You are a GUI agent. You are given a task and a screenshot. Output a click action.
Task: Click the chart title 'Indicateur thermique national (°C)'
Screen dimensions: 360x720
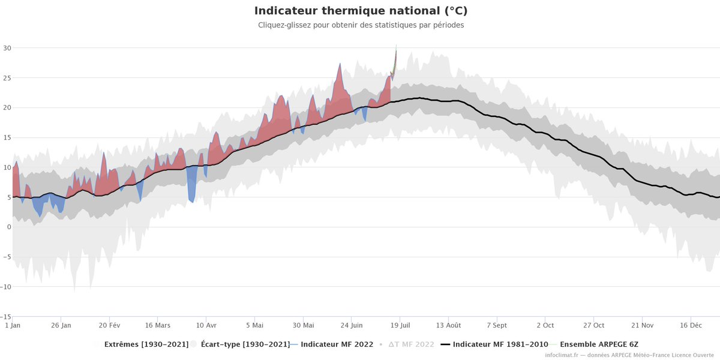click(361, 11)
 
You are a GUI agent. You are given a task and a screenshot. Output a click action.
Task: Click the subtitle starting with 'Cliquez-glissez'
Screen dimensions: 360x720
click(361, 25)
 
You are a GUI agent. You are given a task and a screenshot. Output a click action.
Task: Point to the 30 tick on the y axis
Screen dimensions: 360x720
click(7, 48)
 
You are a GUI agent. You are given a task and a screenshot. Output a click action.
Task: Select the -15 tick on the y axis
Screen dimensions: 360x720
click(5, 316)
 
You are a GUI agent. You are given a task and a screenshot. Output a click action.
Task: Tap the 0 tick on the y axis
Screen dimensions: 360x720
click(8, 227)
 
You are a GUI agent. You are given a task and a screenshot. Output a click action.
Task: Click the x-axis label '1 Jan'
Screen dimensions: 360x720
click(13, 325)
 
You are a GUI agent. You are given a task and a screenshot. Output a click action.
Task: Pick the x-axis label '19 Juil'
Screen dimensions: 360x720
click(400, 325)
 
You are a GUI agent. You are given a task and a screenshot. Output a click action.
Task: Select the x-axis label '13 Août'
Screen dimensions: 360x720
click(449, 325)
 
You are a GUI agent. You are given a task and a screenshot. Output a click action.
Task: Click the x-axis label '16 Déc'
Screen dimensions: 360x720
click(691, 325)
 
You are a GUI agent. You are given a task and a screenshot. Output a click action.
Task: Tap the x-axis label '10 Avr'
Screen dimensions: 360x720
click(206, 325)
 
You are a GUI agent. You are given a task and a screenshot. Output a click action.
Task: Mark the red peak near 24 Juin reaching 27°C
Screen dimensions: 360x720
click(340, 64)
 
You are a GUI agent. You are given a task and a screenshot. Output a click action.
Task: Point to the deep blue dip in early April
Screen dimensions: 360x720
click(192, 202)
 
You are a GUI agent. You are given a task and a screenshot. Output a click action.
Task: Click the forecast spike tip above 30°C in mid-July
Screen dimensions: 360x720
click(396, 46)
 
